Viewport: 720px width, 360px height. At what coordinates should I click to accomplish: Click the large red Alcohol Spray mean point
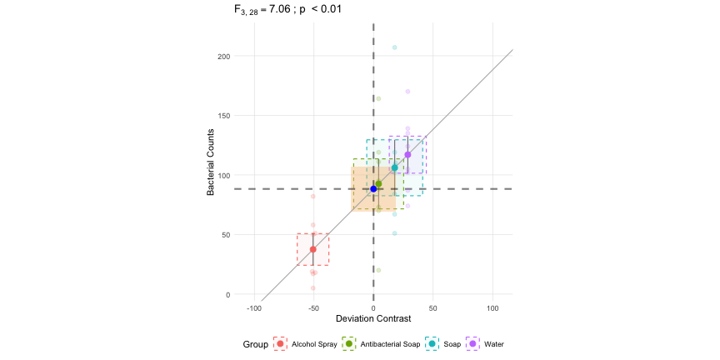pos(313,249)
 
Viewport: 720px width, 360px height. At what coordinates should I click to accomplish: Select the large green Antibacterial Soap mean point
pos(378,184)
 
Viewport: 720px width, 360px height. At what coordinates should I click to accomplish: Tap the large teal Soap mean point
pos(395,167)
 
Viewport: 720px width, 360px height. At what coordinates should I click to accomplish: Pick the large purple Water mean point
pos(407,154)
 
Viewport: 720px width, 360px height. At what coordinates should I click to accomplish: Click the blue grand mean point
pos(373,189)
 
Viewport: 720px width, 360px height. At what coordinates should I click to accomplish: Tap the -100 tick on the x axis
pos(254,307)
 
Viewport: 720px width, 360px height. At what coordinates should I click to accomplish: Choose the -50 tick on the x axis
pos(313,307)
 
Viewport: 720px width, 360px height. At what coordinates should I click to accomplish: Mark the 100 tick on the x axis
pos(492,307)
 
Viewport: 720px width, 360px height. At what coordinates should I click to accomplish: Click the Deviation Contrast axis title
pos(373,319)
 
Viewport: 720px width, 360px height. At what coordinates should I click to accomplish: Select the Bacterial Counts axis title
pos(212,162)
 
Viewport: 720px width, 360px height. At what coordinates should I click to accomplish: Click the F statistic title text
pos(287,9)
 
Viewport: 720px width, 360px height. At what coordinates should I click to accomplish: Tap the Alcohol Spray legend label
pos(314,344)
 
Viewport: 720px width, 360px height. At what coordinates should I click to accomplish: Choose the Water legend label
pos(494,344)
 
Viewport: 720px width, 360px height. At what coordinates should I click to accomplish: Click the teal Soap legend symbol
pos(433,344)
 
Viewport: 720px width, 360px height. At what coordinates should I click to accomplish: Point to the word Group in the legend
pos(255,344)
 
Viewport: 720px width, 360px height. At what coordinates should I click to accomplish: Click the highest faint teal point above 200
pos(395,47)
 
